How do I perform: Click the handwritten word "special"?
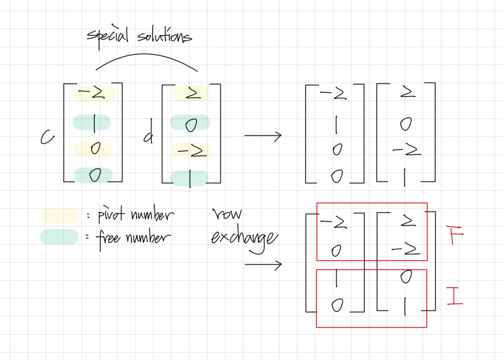tap(107, 36)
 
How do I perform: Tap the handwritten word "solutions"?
tap(164, 36)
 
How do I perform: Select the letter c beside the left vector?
tap(47, 137)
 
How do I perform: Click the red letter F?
tap(455, 234)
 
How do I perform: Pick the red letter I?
tap(455, 296)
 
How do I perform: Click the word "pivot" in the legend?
tap(111, 214)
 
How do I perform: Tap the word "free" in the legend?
tap(108, 238)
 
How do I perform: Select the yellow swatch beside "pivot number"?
tap(59, 216)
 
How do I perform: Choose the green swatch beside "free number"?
tap(59, 237)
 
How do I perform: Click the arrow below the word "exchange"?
tap(263, 265)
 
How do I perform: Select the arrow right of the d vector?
tap(263, 136)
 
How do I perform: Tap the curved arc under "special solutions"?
tap(146, 59)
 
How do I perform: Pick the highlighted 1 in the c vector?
tap(94, 123)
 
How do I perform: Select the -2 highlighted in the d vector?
tap(192, 151)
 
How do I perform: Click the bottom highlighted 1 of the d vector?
tap(190, 178)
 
